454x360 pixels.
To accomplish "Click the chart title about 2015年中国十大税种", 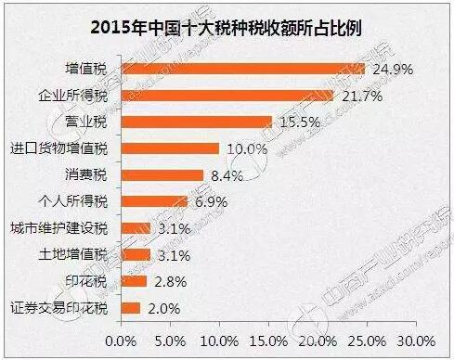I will coord(227,24).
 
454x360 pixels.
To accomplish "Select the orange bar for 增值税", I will coord(241,68).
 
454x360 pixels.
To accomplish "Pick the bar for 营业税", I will coord(196,122).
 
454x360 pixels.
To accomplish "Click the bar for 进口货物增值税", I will coord(169,148).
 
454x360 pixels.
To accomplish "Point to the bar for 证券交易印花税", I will coord(130,308).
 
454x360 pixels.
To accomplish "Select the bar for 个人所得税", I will coord(154,201).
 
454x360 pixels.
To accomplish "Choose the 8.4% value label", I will coord(224,175).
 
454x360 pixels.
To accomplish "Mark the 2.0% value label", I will coord(162,308).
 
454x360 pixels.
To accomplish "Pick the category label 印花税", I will coord(90,281).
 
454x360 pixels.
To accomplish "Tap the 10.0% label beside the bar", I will coord(242,148).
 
